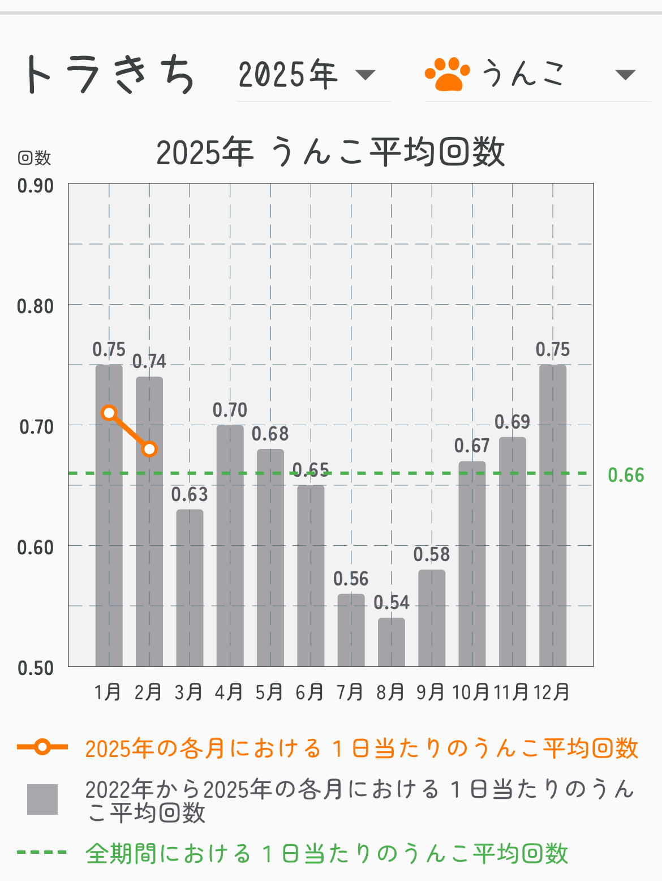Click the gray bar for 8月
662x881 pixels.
[392, 642]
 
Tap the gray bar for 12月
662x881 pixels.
[553, 515]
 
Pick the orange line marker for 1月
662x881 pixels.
[109, 413]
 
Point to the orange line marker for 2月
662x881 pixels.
[149, 449]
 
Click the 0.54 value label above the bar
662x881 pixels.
[392, 602]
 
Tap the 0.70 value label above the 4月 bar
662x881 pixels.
[230, 410]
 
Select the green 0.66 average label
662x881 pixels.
[626, 475]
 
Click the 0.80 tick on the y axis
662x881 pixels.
[35, 306]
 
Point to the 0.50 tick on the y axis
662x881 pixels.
[35, 668]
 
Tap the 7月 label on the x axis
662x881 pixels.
[350, 692]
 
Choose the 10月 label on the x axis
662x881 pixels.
[471, 692]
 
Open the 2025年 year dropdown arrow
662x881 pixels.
[365, 75]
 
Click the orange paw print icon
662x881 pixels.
[448, 74]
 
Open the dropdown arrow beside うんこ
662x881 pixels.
[625, 75]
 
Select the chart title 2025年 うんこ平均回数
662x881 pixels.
[330, 152]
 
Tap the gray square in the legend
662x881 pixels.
[42, 799]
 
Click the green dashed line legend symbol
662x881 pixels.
[42, 852]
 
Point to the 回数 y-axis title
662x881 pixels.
[35, 157]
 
